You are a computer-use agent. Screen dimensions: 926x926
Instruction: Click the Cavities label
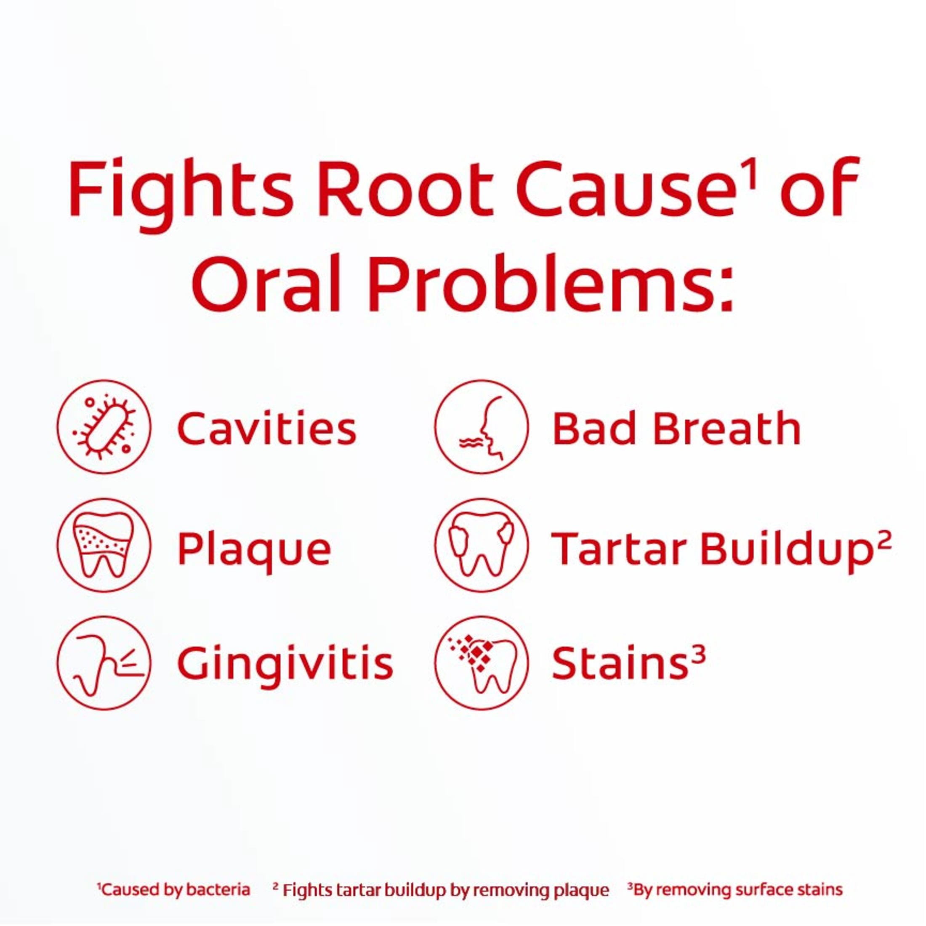[267, 428]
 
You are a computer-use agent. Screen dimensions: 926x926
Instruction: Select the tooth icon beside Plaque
[104, 545]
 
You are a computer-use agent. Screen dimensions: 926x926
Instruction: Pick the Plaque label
[255, 550]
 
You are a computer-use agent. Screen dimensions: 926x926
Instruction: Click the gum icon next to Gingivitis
[104, 663]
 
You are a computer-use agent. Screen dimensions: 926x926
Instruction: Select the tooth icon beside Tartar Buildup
[482, 545]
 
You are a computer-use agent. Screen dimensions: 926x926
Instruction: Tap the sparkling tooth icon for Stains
[482, 663]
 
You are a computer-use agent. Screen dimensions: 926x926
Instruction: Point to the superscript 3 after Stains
[698, 654]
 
